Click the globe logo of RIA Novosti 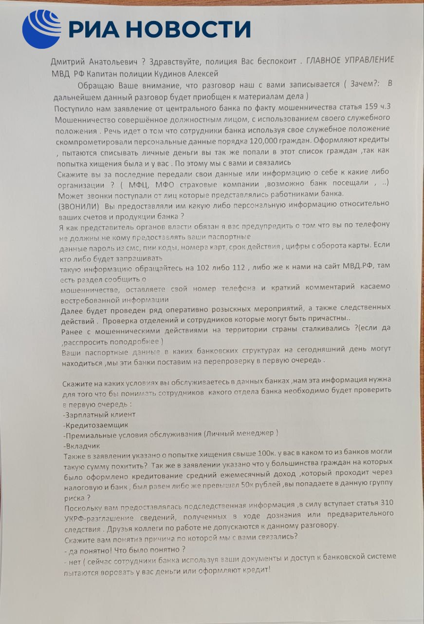click(x=41, y=29)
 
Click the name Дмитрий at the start click(x=68, y=62)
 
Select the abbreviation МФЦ click(x=138, y=185)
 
